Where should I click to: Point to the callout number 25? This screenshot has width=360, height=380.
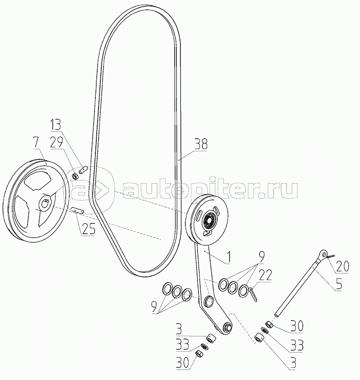click(88, 230)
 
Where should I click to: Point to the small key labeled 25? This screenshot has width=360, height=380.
click(76, 210)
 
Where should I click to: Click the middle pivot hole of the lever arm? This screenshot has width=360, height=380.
click(208, 300)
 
